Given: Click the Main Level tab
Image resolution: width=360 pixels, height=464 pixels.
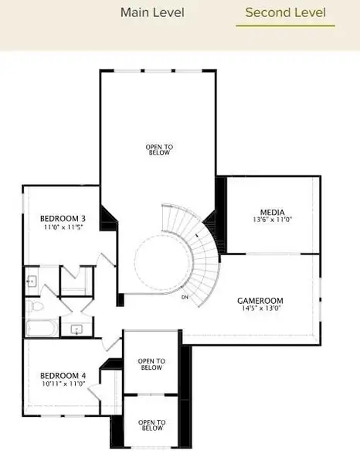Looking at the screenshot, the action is tap(152, 12).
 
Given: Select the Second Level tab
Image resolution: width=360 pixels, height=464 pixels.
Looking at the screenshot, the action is tap(286, 12).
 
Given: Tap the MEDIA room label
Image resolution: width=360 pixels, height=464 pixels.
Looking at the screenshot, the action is tap(272, 212).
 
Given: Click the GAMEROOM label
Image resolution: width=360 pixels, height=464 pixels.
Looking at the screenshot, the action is tap(260, 301).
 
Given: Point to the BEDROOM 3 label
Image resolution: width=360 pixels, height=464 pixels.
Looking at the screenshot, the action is tap(63, 219).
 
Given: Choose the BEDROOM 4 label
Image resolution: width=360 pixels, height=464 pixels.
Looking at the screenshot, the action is tap(63, 376).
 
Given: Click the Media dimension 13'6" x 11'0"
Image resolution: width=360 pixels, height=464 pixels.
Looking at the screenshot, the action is tap(272, 220).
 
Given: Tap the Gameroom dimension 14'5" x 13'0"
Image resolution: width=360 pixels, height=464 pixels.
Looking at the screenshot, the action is tap(260, 308).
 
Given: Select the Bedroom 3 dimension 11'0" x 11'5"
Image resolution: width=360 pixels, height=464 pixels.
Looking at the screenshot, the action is tap(63, 227).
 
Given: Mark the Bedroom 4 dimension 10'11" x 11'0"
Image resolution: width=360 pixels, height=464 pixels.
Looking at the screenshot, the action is tap(63, 384).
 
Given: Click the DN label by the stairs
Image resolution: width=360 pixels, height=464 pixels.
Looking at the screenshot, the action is tap(185, 297).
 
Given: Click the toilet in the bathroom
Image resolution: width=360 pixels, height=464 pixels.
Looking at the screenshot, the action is tap(34, 306).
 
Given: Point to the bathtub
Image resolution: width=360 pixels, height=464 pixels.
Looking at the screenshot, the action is tap(42, 328).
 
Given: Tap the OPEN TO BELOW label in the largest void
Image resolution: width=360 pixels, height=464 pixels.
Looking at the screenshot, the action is tap(159, 150).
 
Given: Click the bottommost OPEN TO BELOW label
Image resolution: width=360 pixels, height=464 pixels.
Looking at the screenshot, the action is tap(152, 425).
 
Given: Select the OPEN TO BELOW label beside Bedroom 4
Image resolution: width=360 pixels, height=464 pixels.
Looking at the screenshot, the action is tap(151, 364).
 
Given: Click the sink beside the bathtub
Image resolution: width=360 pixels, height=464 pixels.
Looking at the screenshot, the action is tap(76, 329).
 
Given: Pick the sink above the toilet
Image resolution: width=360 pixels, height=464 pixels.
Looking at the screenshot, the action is tap(32, 281).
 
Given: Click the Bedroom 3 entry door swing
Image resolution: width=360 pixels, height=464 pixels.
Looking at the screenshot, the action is tap(106, 261).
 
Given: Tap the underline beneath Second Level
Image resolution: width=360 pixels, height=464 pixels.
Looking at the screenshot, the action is tap(285, 26).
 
